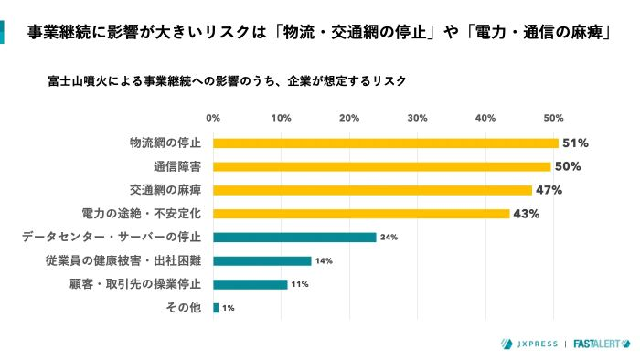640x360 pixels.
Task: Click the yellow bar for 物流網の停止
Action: click(385, 143)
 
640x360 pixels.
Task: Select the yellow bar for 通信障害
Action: click(381, 166)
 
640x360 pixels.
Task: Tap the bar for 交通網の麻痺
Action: click(372, 190)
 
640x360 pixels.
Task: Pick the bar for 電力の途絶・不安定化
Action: click(361, 214)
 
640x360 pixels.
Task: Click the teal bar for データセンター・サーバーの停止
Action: click(294, 238)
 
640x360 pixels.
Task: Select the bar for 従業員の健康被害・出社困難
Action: click(261, 261)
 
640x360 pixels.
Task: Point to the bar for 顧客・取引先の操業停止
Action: click(250, 284)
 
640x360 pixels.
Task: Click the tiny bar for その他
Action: click(216, 308)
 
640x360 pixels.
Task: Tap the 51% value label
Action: click(574, 143)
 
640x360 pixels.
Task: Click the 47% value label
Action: click(549, 190)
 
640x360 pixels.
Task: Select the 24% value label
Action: click(388, 238)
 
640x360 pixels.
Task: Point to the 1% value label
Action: click(229, 308)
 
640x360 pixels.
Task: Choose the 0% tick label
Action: click(213, 118)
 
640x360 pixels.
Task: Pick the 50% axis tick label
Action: click(552, 118)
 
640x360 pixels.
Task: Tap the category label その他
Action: click(187, 308)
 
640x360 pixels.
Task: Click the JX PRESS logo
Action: click(528, 344)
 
